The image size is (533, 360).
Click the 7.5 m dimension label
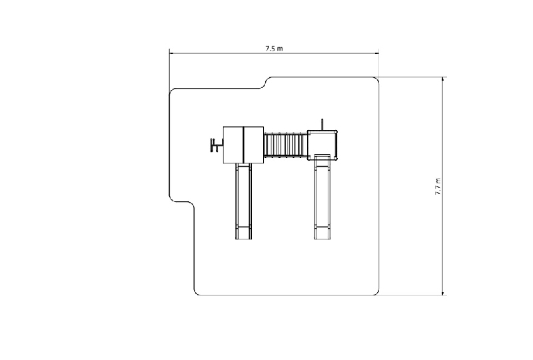click(274, 48)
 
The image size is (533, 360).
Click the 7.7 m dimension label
click(438, 187)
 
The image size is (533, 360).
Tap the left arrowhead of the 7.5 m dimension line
click(172, 53)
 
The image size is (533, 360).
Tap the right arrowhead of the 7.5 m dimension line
click(376, 53)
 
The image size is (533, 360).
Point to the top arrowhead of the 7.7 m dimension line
click(442, 79)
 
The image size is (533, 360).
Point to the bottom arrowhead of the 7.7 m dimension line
click(442, 293)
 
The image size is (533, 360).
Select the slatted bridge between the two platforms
click(286, 145)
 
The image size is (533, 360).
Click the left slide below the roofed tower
click(243, 201)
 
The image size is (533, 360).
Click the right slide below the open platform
click(322, 197)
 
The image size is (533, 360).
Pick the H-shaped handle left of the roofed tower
click(216, 145)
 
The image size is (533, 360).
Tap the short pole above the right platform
click(322, 125)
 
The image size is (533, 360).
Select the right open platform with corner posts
click(322, 145)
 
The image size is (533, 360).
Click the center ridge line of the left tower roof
click(244, 145)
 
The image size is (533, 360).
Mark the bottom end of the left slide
click(243, 239)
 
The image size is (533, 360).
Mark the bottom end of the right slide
click(322, 239)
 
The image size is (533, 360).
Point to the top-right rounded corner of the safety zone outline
click(376, 79)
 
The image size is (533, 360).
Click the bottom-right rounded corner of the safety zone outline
click(376, 293)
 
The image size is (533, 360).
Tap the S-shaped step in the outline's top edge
click(266, 83)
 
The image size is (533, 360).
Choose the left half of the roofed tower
click(234, 145)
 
